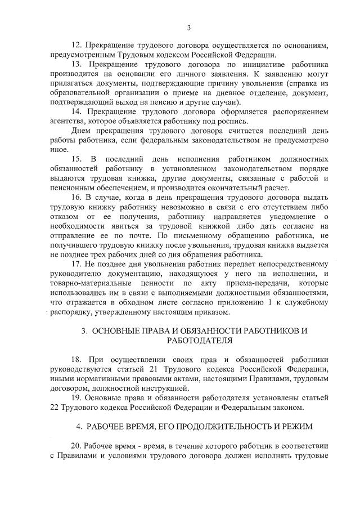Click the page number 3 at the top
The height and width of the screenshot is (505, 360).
189,28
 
